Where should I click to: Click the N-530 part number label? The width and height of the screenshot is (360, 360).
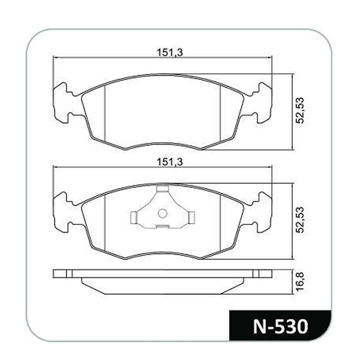pos(280,326)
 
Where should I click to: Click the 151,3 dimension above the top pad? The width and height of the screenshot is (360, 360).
pos(170,53)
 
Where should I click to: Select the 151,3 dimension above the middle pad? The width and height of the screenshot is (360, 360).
pos(170,162)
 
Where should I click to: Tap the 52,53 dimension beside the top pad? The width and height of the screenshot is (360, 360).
pos(300,110)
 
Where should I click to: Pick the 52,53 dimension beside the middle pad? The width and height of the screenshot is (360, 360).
pos(300,220)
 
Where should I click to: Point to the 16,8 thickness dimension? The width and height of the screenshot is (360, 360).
pos(300,282)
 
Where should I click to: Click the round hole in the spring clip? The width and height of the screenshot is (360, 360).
pos(163,214)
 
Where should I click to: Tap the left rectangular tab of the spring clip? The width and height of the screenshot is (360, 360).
pos(134,217)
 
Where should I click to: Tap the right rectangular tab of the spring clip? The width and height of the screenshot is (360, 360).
pos(191,217)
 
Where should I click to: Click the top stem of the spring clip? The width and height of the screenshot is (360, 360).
pos(163,189)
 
